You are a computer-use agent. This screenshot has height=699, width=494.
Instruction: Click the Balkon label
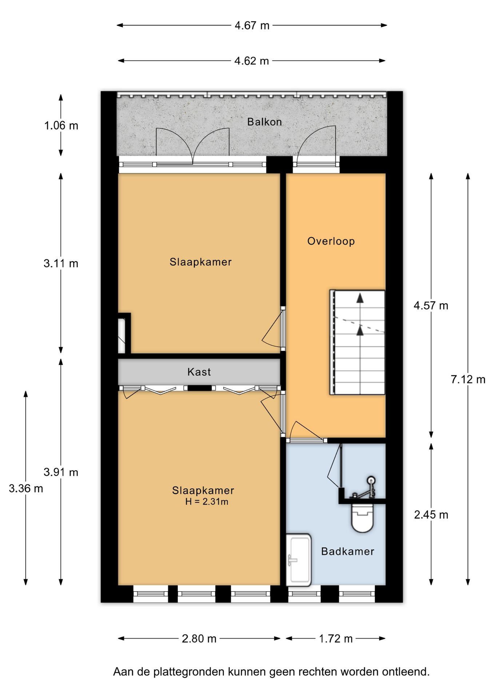264,122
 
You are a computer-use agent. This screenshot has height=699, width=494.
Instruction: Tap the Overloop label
331,241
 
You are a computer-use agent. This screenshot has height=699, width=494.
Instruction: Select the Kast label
199,372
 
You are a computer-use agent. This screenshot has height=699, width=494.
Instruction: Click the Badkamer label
348,551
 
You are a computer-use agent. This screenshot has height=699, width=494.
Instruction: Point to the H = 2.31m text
207,502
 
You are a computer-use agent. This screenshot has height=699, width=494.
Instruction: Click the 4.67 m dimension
252,25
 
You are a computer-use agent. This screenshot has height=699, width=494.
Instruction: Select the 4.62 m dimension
252,61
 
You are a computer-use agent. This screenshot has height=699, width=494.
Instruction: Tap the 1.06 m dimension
61,126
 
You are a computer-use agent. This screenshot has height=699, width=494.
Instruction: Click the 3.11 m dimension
61,263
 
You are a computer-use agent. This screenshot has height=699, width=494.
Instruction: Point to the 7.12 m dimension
468,379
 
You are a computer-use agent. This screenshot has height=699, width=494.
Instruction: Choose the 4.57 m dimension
431,305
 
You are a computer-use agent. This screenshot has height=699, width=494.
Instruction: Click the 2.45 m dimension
431,515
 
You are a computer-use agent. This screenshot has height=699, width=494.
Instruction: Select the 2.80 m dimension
199,639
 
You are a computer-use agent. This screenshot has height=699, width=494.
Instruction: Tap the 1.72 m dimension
336,639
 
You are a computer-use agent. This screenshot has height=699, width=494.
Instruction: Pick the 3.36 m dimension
26,488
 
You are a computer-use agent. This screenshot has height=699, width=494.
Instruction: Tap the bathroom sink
299,560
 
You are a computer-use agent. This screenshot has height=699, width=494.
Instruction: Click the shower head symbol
371,480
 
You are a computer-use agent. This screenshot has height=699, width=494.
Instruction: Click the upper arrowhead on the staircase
360,298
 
